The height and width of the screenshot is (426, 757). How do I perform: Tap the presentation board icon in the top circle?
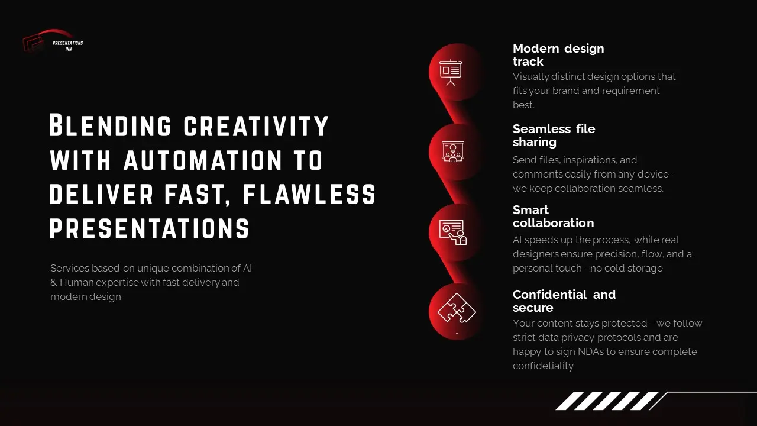click(451, 72)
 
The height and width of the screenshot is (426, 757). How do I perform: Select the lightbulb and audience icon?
click(453, 152)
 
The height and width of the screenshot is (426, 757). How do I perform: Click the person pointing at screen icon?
click(453, 232)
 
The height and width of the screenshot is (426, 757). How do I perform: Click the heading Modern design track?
click(558, 55)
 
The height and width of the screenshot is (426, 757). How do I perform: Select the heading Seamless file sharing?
click(554, 135)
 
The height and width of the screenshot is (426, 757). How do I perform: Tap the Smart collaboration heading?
click(553, 217)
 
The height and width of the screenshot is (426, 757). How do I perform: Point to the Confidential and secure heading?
click(564, 301)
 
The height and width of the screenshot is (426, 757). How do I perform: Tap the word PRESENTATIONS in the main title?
click(149, 229)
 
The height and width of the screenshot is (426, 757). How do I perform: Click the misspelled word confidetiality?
click(543, 366)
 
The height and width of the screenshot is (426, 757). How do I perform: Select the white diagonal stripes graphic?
click(606, 401)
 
